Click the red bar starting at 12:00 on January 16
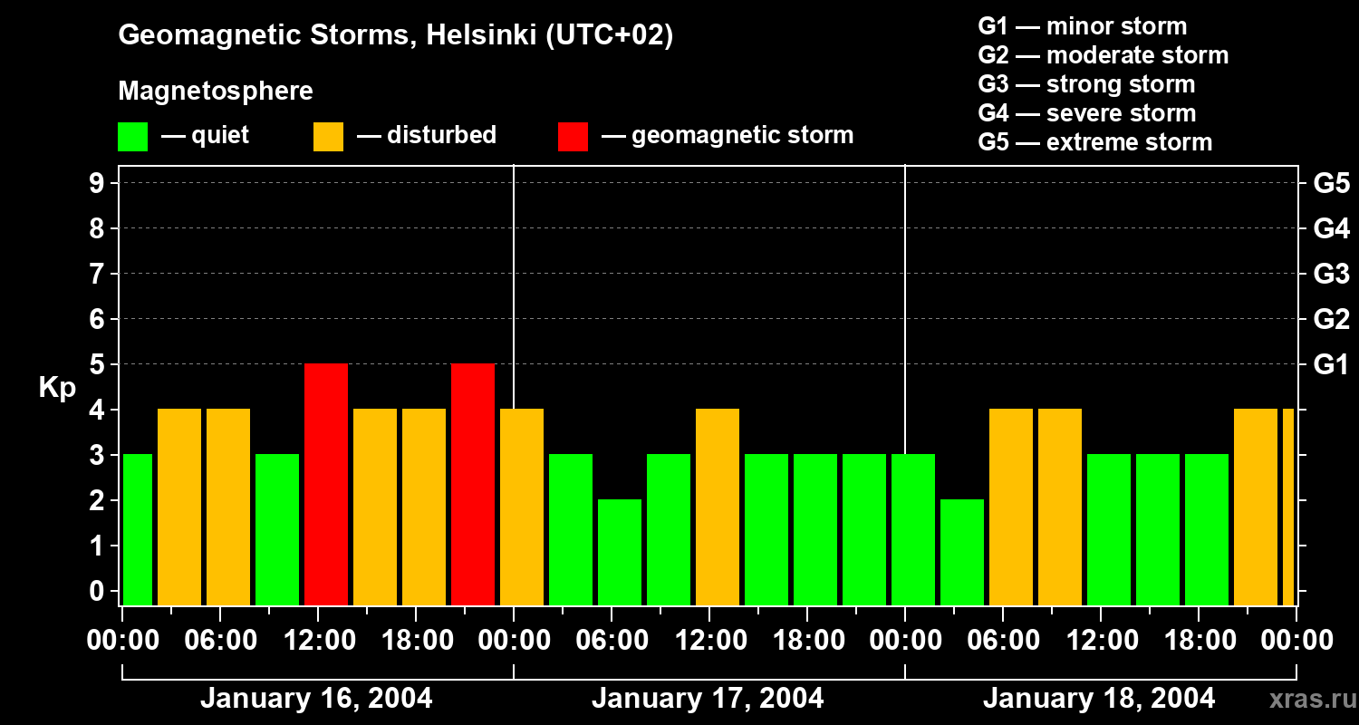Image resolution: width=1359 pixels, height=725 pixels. point(326,484)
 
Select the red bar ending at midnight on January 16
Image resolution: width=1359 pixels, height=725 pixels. point(473,484)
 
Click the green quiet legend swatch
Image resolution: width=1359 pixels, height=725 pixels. point(133,137)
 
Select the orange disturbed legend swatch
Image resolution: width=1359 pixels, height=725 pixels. point(328,137)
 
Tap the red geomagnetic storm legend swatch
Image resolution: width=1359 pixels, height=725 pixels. point(573,137)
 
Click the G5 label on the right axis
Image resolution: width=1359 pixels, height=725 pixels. point(1331,183)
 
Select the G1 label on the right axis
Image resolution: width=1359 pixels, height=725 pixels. point(1331,364)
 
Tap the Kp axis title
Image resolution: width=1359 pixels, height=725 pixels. point(57,388)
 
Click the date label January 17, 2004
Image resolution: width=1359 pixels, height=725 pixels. point(708,699)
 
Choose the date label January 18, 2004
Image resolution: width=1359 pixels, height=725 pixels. point(1099,699)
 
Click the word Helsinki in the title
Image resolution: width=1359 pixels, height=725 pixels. point(475,35)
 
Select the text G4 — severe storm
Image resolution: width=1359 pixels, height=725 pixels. point(1087,113)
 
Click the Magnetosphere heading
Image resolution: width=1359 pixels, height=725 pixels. point(216,92)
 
